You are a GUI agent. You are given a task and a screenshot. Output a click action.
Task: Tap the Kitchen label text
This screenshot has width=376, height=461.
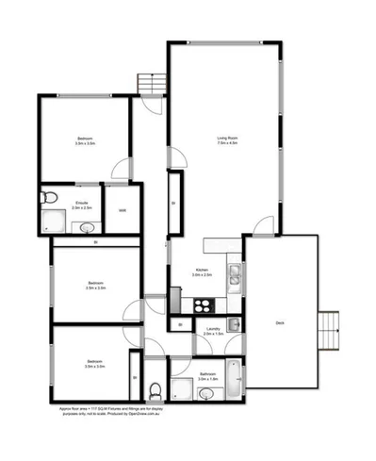(x=202, y=270)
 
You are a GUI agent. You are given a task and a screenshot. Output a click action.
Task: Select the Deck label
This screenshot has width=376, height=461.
(x=279, y=322)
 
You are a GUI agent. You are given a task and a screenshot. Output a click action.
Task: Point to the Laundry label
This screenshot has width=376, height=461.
(x=213, y=328)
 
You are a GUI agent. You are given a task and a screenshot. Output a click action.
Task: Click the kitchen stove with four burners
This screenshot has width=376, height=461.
(x=202, y=304)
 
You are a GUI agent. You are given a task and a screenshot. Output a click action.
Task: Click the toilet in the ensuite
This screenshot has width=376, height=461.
(x=50, y=196)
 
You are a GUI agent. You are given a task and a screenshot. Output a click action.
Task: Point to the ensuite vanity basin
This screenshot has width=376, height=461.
(x=85, y=226)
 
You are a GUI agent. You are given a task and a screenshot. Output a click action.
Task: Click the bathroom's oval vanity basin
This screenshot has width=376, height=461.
(x=205, y=395)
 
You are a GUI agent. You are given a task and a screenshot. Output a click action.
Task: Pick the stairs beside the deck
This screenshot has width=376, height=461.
(x=328, y=329)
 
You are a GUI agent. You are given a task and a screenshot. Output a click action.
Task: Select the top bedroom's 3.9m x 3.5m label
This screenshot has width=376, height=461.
(x=85, y=145)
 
